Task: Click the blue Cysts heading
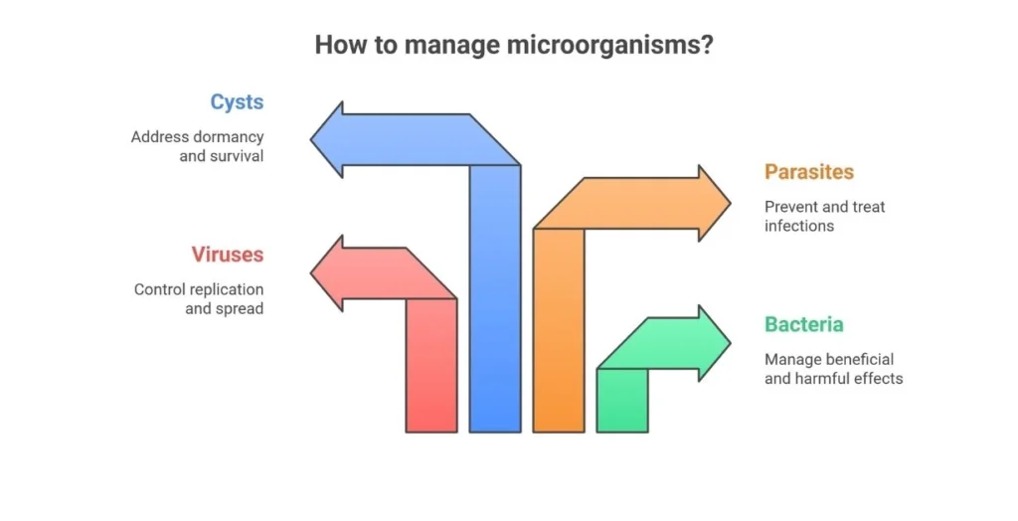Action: click(237, 102)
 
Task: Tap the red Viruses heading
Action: click(228, 255)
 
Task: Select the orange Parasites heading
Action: click(809, 172)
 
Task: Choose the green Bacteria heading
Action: click(803, 324)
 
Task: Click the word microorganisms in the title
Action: click(609, 46)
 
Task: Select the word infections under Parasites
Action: click(799, 226)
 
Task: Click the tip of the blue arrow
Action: click(311, 139)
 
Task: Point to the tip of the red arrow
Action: click(311, 272)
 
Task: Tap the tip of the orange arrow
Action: click(731, 204)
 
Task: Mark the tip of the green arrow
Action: click(731, 343)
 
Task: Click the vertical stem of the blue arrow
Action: click(495, 299)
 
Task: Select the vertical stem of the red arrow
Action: click(431, 365)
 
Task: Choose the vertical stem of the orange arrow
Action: click(559, 330)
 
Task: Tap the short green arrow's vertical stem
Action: click(622, 400)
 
